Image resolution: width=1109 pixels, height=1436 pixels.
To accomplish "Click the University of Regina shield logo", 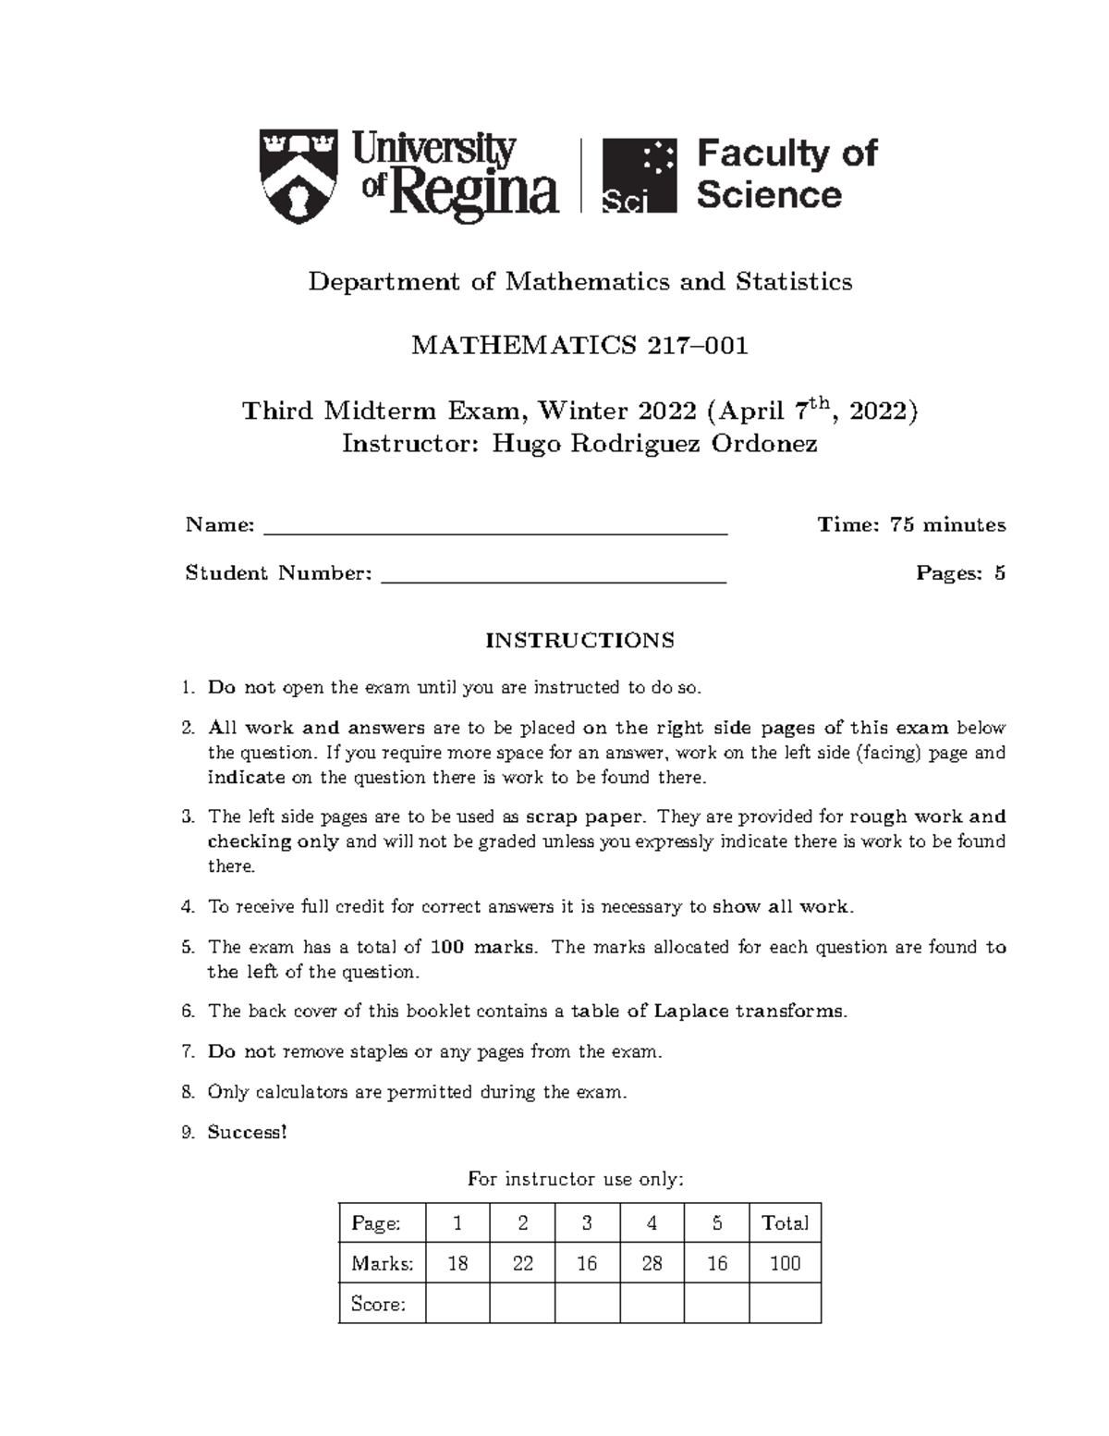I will (x=298, y=176).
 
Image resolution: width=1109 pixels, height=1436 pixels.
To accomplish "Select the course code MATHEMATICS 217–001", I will (x=579, y=345).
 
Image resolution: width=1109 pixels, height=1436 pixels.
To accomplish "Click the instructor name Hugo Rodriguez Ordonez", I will (x=654, y=444).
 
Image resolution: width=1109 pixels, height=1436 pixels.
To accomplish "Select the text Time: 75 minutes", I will (x=911, y=524).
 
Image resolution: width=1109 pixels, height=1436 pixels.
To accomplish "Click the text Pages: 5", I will (x=960, y=572).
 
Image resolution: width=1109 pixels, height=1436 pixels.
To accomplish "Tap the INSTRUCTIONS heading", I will (x=579, y=640).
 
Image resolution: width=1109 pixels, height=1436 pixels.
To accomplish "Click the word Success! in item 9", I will (x=248, y=1132).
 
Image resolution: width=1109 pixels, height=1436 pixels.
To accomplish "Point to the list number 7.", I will (x=188, y=1051).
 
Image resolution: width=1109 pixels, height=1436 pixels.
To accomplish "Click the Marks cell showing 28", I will (x=652, y=1263).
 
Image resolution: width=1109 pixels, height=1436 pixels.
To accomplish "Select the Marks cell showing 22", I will (x=522, y=1263).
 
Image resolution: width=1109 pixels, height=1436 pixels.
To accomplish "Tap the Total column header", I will (x=785, y=1223).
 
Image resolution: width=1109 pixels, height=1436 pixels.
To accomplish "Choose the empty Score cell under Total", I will (x=785, y=1304).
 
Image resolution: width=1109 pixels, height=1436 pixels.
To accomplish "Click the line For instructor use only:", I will (x=576, y=1179).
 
